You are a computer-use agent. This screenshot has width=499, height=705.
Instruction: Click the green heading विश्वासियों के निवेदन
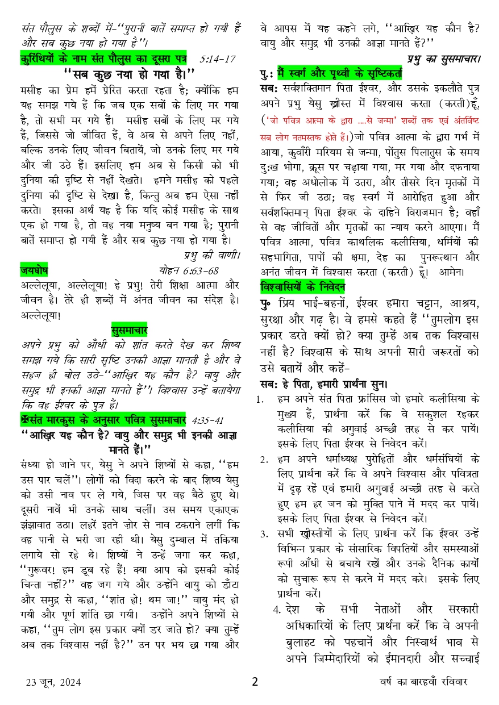302,286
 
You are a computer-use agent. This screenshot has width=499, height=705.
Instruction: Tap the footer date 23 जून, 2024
53,682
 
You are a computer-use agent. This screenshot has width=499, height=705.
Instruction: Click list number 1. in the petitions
260,399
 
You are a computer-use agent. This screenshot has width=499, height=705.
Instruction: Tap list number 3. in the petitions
265,533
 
